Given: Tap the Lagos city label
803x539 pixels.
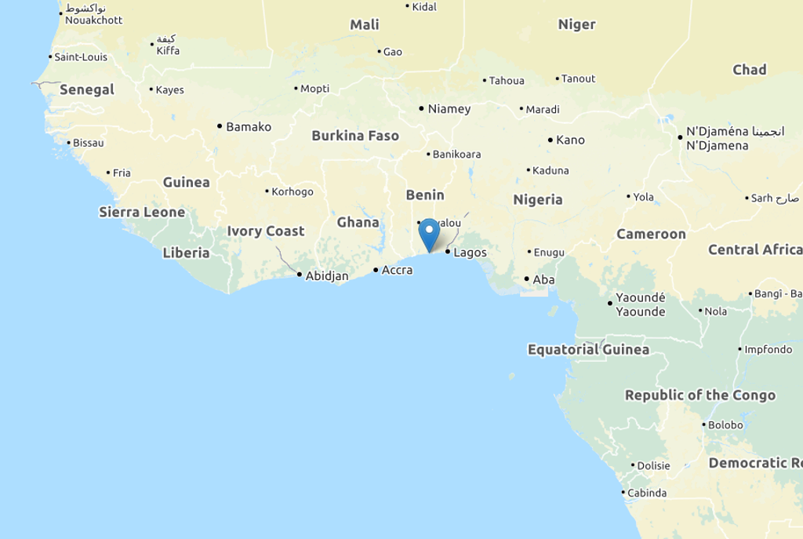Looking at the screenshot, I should pos(470,253).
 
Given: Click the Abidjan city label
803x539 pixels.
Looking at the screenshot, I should pos(326,275).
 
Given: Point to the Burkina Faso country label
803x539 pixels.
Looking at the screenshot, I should pos(355,136).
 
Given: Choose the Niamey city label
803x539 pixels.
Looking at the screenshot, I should pos(449,109).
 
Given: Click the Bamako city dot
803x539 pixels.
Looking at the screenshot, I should pos(220,126).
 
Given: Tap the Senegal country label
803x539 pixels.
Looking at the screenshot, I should pos(87,89).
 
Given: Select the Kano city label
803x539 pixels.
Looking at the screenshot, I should pos(570,140).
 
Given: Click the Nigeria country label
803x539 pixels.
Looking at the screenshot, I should pos(538,199).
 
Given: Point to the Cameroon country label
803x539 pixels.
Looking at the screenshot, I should pos(651,234).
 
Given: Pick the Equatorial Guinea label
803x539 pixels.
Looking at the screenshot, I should pos(588,349).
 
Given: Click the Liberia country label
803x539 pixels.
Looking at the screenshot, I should pos(186,253).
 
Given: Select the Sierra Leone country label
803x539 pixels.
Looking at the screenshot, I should pos(142,212).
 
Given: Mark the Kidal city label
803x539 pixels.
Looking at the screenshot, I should pos(424,7).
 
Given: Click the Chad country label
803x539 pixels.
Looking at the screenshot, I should pos(749,70).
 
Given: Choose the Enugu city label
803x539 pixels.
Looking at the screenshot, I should pos(549,253).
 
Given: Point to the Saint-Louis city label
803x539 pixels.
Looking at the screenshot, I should pos(80,57).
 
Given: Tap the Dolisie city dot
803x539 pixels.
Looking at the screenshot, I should pos(632,465).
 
